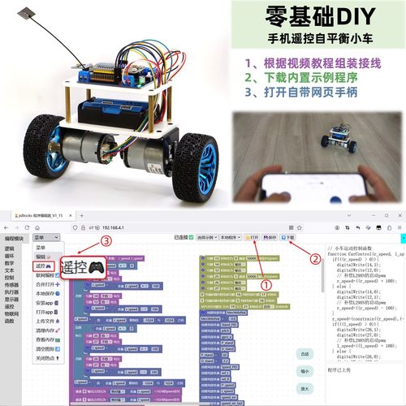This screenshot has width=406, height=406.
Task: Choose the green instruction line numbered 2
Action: tap(313, 78)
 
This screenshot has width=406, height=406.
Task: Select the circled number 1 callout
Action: tap(265, 284)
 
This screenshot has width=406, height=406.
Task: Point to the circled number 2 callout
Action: tap(315, 260)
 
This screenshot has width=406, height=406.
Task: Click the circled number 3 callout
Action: tap(106, 240)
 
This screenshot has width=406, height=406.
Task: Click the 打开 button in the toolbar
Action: tap(253, 237)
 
